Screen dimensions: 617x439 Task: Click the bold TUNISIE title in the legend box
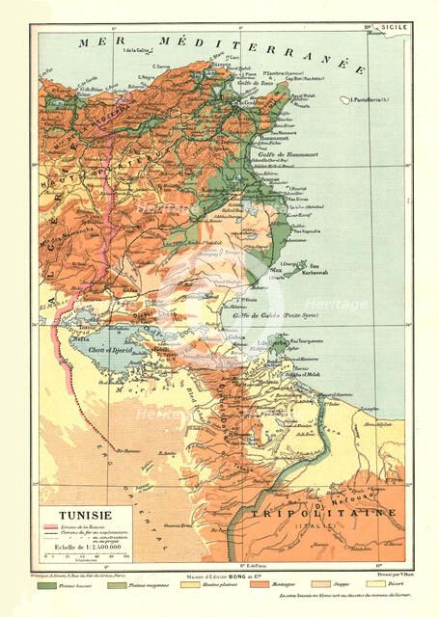(x=85, y=517)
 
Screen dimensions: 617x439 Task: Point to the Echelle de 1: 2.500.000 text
(x=85, y=545)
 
